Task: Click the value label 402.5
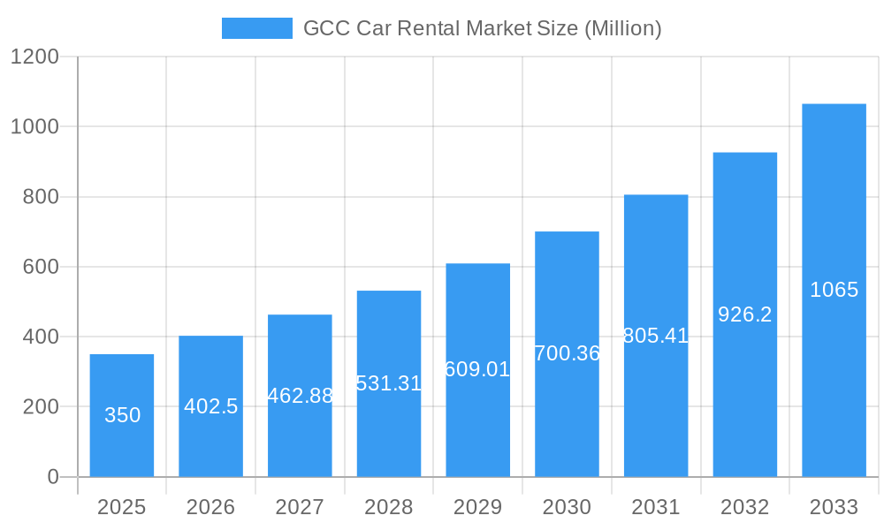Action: point(211,406)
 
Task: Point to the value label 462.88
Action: point(300,396)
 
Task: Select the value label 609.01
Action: point(477,369)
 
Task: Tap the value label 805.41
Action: point(656,336)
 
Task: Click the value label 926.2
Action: point(745,314)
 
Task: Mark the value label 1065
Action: point(834,290)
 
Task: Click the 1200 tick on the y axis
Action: point(34,57)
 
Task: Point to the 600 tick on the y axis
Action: point(41,267)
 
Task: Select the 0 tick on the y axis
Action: point(52,477)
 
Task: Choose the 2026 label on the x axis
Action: point(211,507)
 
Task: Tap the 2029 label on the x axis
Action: point(477,507)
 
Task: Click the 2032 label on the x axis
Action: point(745,507)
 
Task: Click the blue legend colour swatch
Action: point(256,28)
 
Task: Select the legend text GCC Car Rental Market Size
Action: point(482,28)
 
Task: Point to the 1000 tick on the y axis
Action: point(34,127)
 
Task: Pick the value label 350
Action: point(122,415)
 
